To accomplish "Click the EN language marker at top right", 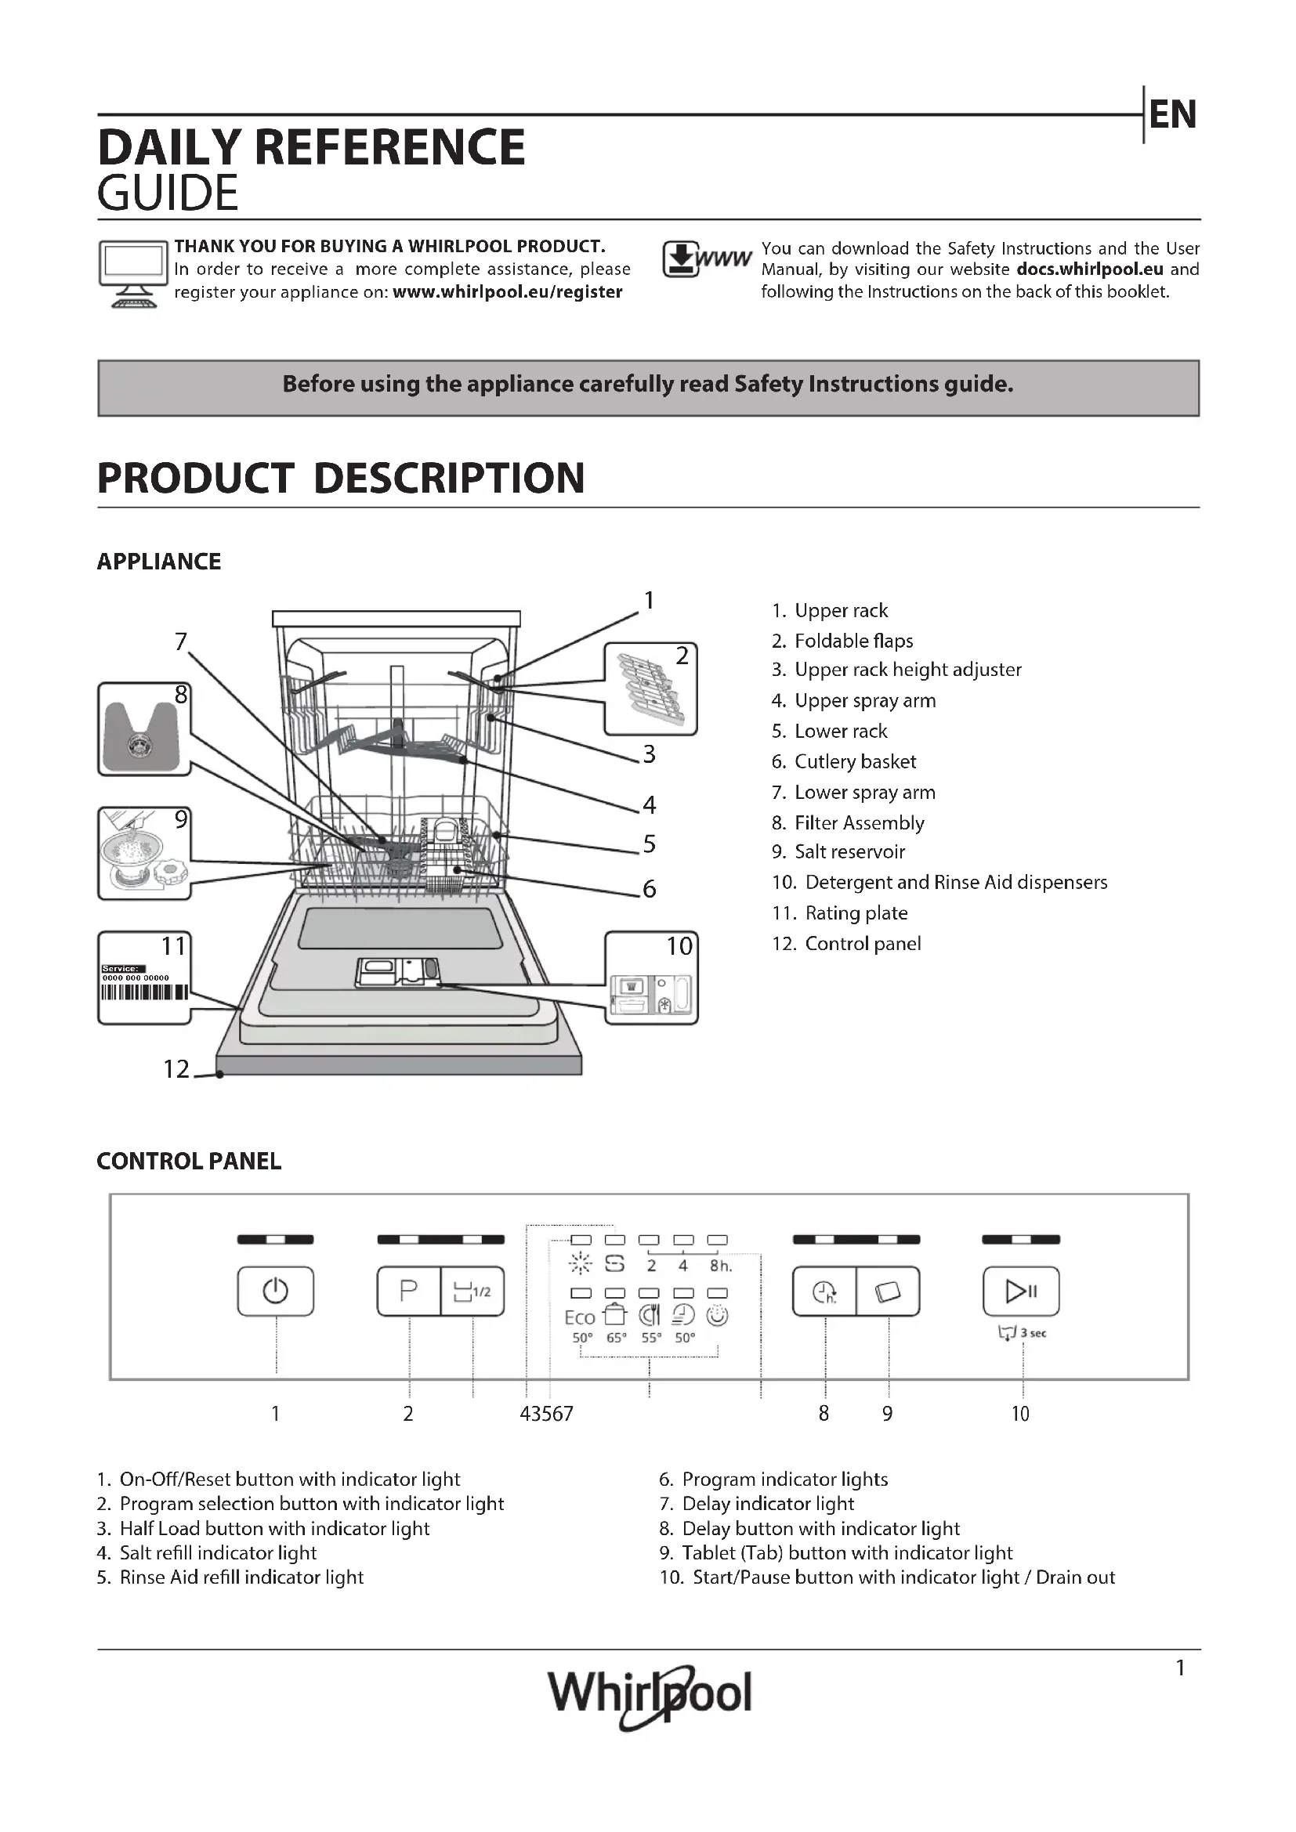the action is pos(1172,115).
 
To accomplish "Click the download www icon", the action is pos(705,260).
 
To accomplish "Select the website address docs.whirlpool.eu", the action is pos(1089,269).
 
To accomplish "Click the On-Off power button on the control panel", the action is pos(275,1291).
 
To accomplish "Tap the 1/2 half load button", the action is pos(472,1291).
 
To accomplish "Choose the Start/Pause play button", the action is pos(1021,1291).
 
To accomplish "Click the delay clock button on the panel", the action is pos(824,1291).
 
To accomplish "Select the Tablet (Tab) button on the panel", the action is pos(888,1291).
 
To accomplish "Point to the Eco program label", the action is pos(580,1318).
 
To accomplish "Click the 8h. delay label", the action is pos(720,1267).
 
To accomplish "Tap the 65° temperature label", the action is pos(616,1338).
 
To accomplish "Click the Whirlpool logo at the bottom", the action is pos(650,1695).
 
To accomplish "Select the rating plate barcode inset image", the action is pos(144,978).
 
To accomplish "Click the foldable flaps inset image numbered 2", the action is pos(650,688).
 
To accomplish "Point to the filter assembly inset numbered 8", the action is pos(143,729).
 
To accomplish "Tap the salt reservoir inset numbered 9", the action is pos(143,854).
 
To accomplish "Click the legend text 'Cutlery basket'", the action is pos(855,762).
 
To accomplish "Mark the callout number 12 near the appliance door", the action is pos(176,1069).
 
